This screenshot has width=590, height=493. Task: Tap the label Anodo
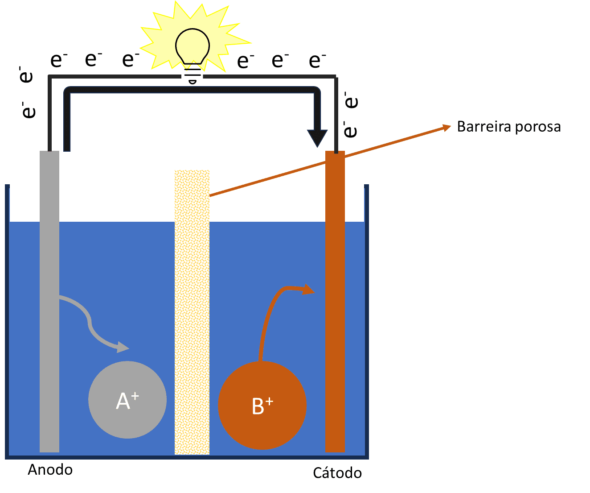point(50,470)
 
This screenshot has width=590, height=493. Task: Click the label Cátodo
point(337,473)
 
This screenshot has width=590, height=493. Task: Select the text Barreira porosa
point(509,127)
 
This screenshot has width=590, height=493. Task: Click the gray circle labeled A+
point(127,400)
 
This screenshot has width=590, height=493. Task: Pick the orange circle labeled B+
point(262,405)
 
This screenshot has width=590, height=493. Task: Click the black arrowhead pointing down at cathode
point(317,138)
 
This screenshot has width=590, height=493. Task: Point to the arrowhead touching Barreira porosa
point(447,127)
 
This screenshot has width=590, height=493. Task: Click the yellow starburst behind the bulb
point(156,40)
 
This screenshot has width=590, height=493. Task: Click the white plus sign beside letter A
point(135,396)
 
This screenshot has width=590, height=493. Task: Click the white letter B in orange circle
point(258,407)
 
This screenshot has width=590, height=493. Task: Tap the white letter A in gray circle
point(123,401)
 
